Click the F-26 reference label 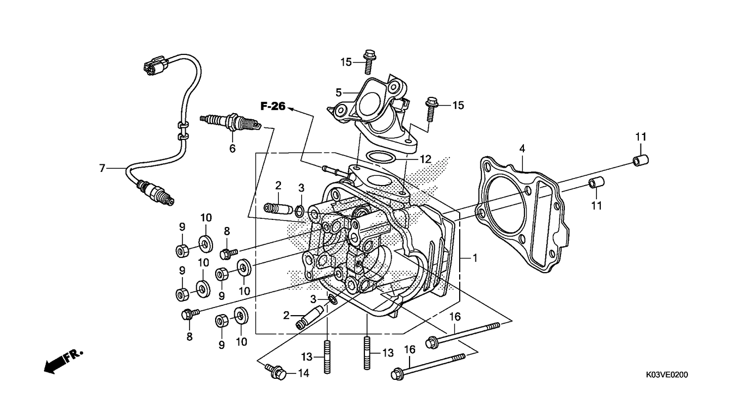pyautogui.click(x=273, y=106)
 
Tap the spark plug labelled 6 pyautogui.click(x=231, y=122)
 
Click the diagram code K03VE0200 pyautogui.click(x=667, y=375)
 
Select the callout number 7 pyautogui.click(x=102, y=168)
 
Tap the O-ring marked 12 pyautogui.click(x=381, y=157)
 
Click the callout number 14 pyautogui.click(x=303, y=373)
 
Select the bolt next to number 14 pyautogui.click(x=276, y=372)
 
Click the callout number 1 pyautogui.click(x=475, y=258)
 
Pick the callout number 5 pyautogui.click(x=338, y=93)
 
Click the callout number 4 pyautogui.click(x=522, y=149)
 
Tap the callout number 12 pyautogui.click(x=425, y=159)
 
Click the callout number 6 pyautogui.click(x=232, y=149)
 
